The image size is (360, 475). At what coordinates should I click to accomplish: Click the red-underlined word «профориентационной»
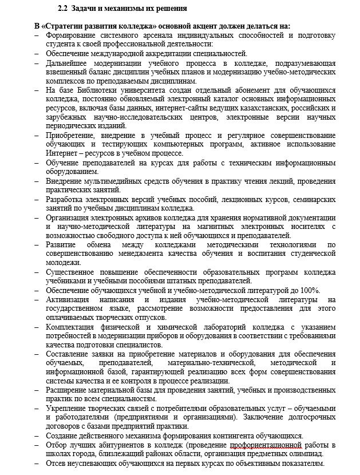pos(266,445)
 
